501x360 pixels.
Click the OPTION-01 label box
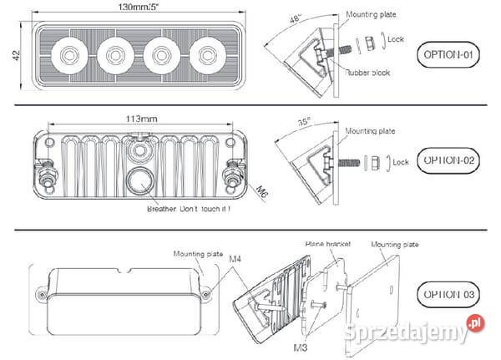pyautogui.click(x=447, y=56)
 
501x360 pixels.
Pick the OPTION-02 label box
pyautogui.click(x=447, y=159)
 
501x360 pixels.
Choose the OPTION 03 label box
pyautogui.click(x=447, y=295)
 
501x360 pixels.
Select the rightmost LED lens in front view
pyautogui.click(x=204, y=56)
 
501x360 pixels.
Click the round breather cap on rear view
pyautogui.click(x=139, y=181)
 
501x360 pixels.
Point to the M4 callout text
pyautogui.click(x=235, y=260)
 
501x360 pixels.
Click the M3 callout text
pyautogui.click(x=298, y=345)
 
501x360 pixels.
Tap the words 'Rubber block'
pyautogui.click(x=368, y=73)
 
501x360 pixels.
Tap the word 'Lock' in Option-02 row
pyautogui.click(x=400, y=162)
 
